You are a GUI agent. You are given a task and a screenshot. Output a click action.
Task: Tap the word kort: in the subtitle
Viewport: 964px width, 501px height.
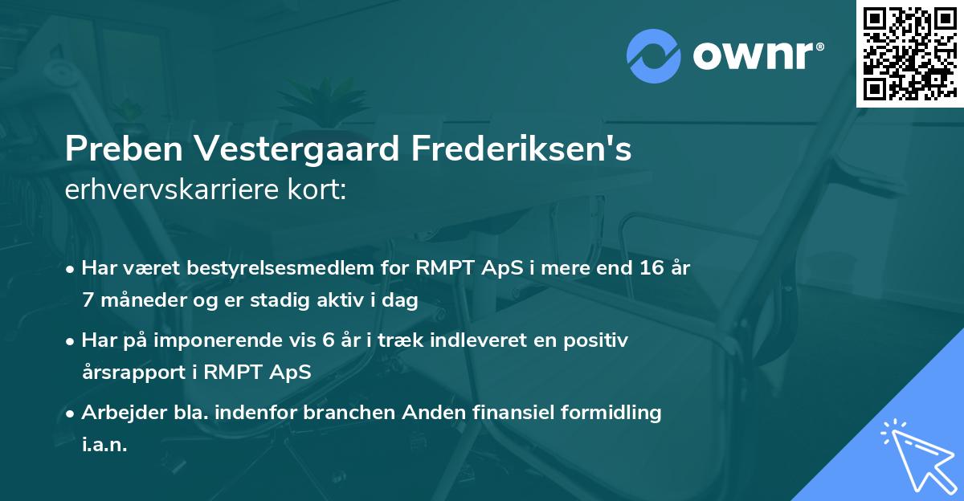(x=319, y=190)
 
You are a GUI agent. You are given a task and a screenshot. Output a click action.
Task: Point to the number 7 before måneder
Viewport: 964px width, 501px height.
(x=87, y=299)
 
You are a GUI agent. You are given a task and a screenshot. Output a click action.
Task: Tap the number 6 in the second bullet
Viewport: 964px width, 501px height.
(x=328, y=340)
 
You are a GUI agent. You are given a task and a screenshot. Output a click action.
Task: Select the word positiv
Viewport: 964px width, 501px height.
(x=596, y=340)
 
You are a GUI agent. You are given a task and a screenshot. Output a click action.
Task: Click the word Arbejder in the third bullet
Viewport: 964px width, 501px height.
(x=120, y=413)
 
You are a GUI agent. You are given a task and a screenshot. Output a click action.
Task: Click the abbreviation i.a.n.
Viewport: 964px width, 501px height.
(x=104, y=445)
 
